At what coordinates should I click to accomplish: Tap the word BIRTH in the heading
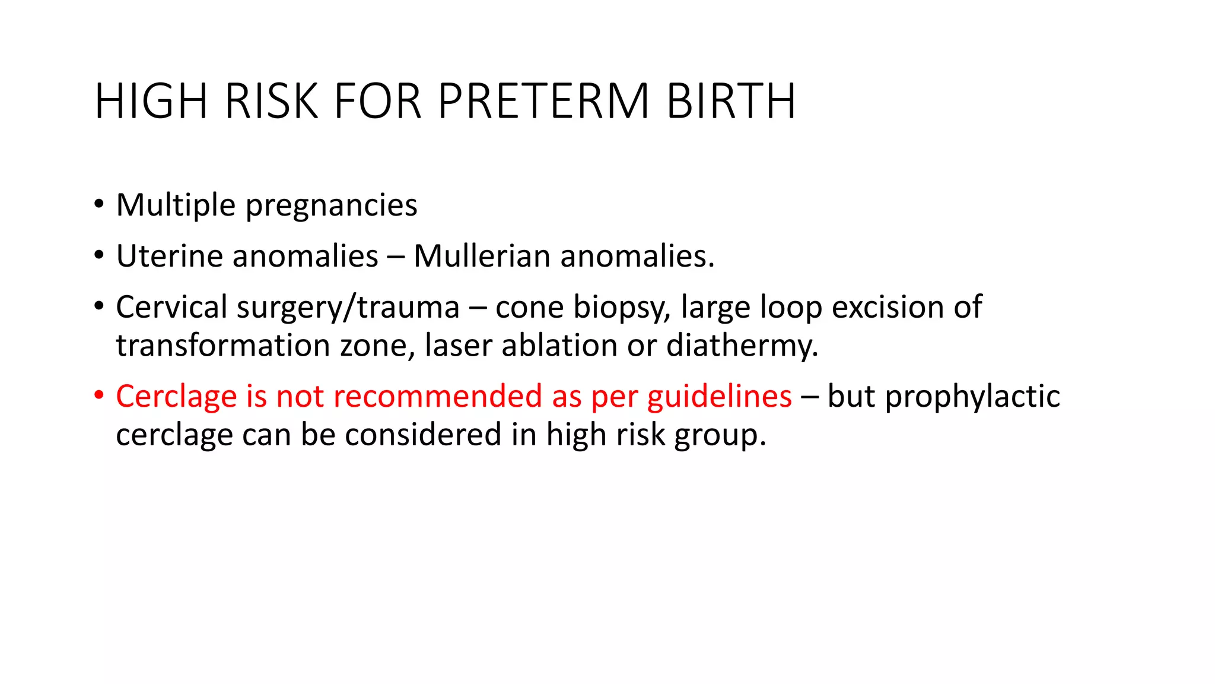(731, 102)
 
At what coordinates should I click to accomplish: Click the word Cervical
(171, 307)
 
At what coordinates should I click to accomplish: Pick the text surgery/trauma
(348, 308)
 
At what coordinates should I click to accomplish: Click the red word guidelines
(719, 397)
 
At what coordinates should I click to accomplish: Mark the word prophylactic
(972, 397)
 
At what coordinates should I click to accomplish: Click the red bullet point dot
(99, 395)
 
